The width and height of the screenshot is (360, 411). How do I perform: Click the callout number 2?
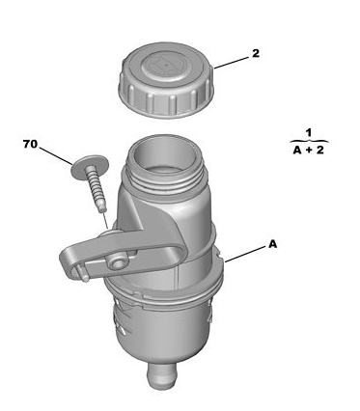[x=256, y=54]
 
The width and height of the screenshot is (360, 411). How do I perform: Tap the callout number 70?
[x=30, y=144]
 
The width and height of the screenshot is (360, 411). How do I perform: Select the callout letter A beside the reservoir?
[x=272, y=244]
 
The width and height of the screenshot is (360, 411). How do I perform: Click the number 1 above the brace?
[x=309, y=133]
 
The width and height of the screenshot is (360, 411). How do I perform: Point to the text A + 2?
[x=309, y=150]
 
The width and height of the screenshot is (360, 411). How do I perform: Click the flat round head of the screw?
[x=90, y=168]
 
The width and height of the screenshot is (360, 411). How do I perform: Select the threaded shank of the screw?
[x=96, y=191]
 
